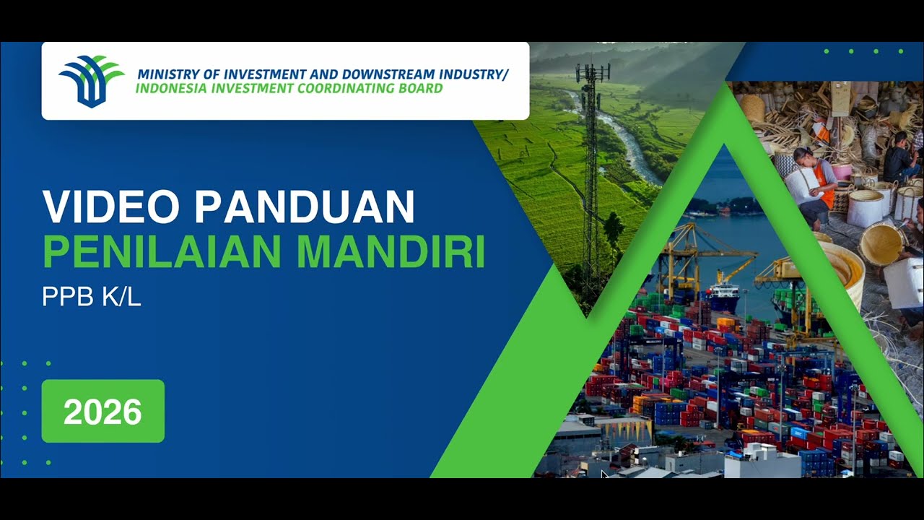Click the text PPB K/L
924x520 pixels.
click(91, 296)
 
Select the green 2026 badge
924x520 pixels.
click(103, 411)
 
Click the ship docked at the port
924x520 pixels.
click(722, 295)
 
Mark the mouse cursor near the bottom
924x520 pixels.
click(604, 474)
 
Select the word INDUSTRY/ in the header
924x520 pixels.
click(470, 74)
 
